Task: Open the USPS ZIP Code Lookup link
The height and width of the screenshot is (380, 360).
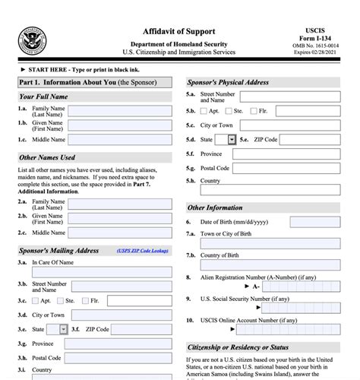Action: [144, 250]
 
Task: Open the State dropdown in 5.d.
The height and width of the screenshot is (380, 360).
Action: [232, 140]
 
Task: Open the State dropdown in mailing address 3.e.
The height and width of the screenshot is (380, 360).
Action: [62, 329]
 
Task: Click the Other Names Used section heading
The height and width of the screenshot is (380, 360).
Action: [47, 157]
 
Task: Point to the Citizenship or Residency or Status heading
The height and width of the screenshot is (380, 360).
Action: [238, 347]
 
